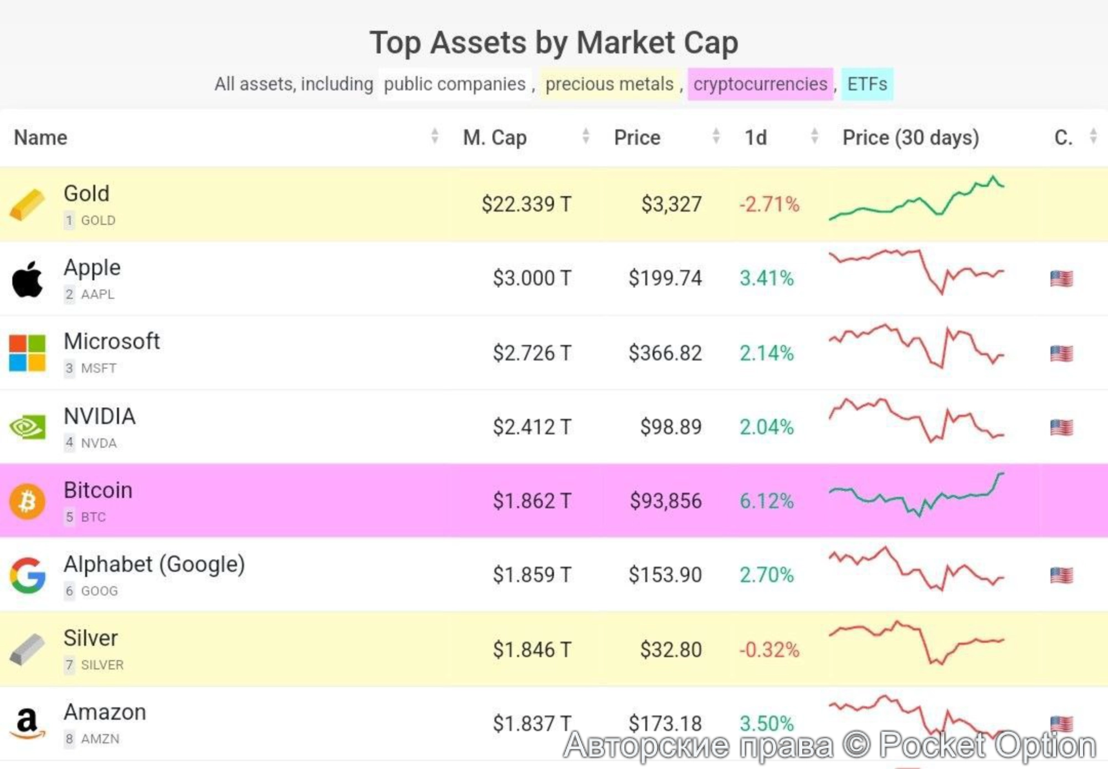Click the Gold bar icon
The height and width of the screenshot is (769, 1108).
point(27,204)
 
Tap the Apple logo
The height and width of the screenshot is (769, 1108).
point(27,279)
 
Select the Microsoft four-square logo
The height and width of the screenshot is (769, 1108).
point(27,352)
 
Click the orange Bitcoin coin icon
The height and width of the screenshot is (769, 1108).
point(27,501)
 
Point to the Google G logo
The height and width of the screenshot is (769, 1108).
point(27,576)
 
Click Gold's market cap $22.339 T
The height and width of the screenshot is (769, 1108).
point(526,204)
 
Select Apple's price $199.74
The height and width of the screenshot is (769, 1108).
point(665,278)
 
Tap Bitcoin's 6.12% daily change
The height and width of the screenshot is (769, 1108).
point(766,501)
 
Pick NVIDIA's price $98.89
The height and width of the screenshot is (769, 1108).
point(670,427)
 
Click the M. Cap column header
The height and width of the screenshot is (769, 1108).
point(495,137)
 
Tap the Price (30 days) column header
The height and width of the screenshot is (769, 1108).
point(910,137)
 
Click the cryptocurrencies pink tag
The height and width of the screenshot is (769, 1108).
point(760,84)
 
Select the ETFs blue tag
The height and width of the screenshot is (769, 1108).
point(867,84)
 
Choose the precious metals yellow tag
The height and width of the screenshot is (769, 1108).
point(609,84)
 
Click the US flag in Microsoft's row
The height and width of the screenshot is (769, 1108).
point(1061,353)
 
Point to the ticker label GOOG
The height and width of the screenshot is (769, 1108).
point(99,591)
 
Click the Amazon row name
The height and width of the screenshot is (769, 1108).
point(105,712)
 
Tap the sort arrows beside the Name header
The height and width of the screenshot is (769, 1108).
point(435,136)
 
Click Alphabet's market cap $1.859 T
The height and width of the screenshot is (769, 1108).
point(531,575)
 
